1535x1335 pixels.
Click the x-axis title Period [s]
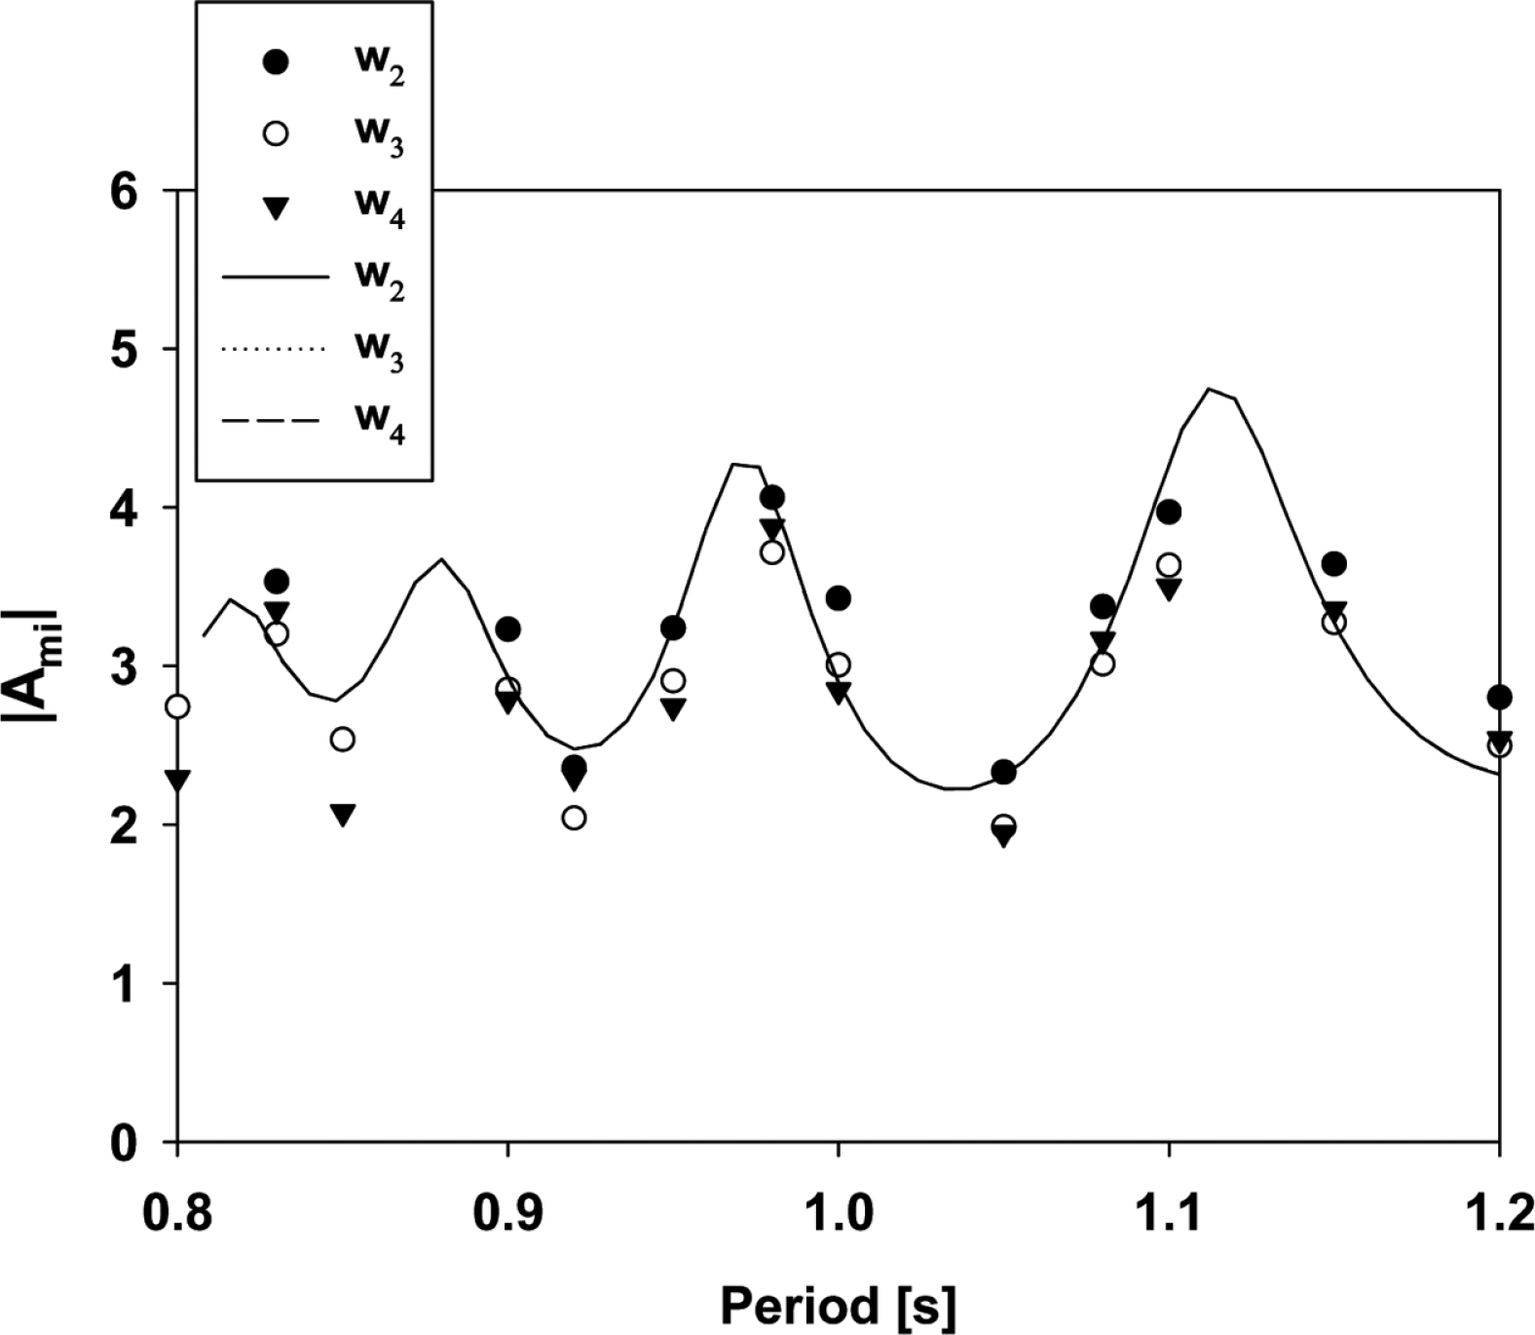point(837,1305)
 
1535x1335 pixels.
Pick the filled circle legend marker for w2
point(277,62)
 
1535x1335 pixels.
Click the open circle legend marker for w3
point(277,133)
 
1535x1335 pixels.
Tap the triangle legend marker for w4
point(277,208)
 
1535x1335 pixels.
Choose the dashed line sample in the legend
point(272,422)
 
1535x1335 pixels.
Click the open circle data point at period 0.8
point(177,706)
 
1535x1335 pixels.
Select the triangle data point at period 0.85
point(342,815)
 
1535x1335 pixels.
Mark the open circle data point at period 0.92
point(574,818)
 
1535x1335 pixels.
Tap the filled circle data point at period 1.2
point(1499,697)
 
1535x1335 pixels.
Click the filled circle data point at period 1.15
point(1334,563)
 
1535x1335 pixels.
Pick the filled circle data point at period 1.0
point(838,597)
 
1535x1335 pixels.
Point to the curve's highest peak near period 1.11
point(1209,389)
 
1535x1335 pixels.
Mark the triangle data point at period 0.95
point(673,709)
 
